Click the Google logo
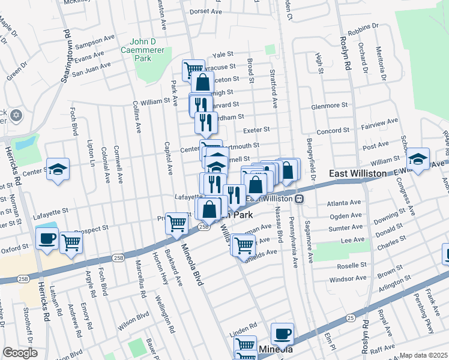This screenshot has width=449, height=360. point(20,353)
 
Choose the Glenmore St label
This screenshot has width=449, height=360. point(330,106)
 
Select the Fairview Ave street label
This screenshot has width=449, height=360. point(379,122)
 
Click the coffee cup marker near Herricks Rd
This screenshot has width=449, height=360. point(47,239)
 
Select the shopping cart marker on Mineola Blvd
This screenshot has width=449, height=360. point(176,223)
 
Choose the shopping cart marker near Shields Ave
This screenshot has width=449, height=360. point(243,245)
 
